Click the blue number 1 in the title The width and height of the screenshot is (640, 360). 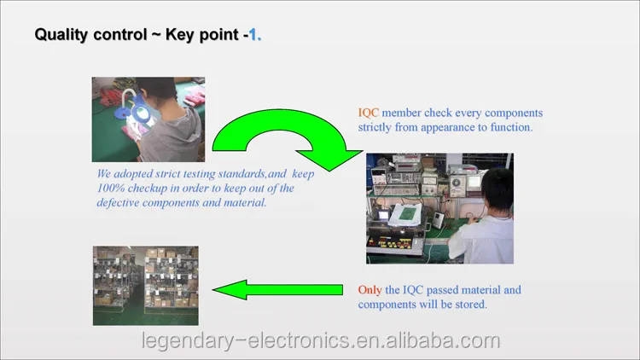click(253, 34)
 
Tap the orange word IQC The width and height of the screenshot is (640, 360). click(368, 113)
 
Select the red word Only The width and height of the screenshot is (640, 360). click(369, 290)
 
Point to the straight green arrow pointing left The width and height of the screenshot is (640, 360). click(277, 290)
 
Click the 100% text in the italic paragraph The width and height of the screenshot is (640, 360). click(111, 189)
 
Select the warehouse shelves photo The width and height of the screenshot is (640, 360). click(146, 286)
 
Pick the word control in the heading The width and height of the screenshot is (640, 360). click(120, 34)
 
